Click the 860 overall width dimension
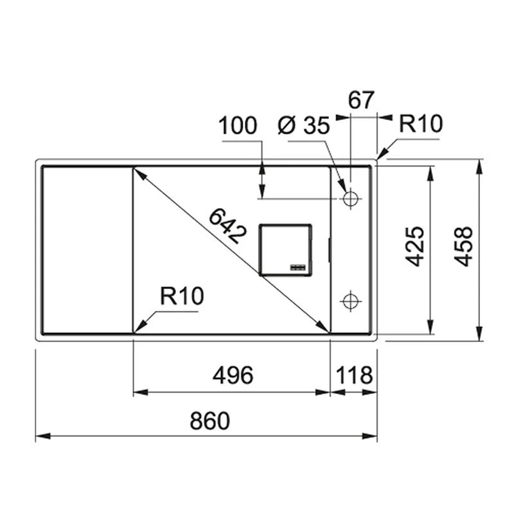click(209, 421)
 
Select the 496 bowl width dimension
click(233, 375)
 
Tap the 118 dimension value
click(353, 375)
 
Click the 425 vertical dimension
click(415, 246)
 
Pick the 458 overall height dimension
click(463, 246)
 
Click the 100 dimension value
click(238, 125)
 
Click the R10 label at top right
click(421, 124)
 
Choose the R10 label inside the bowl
click(182, 296)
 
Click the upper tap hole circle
click(351, 199)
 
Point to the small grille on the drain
click(299, 265)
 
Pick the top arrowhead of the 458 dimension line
click(479, 166)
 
